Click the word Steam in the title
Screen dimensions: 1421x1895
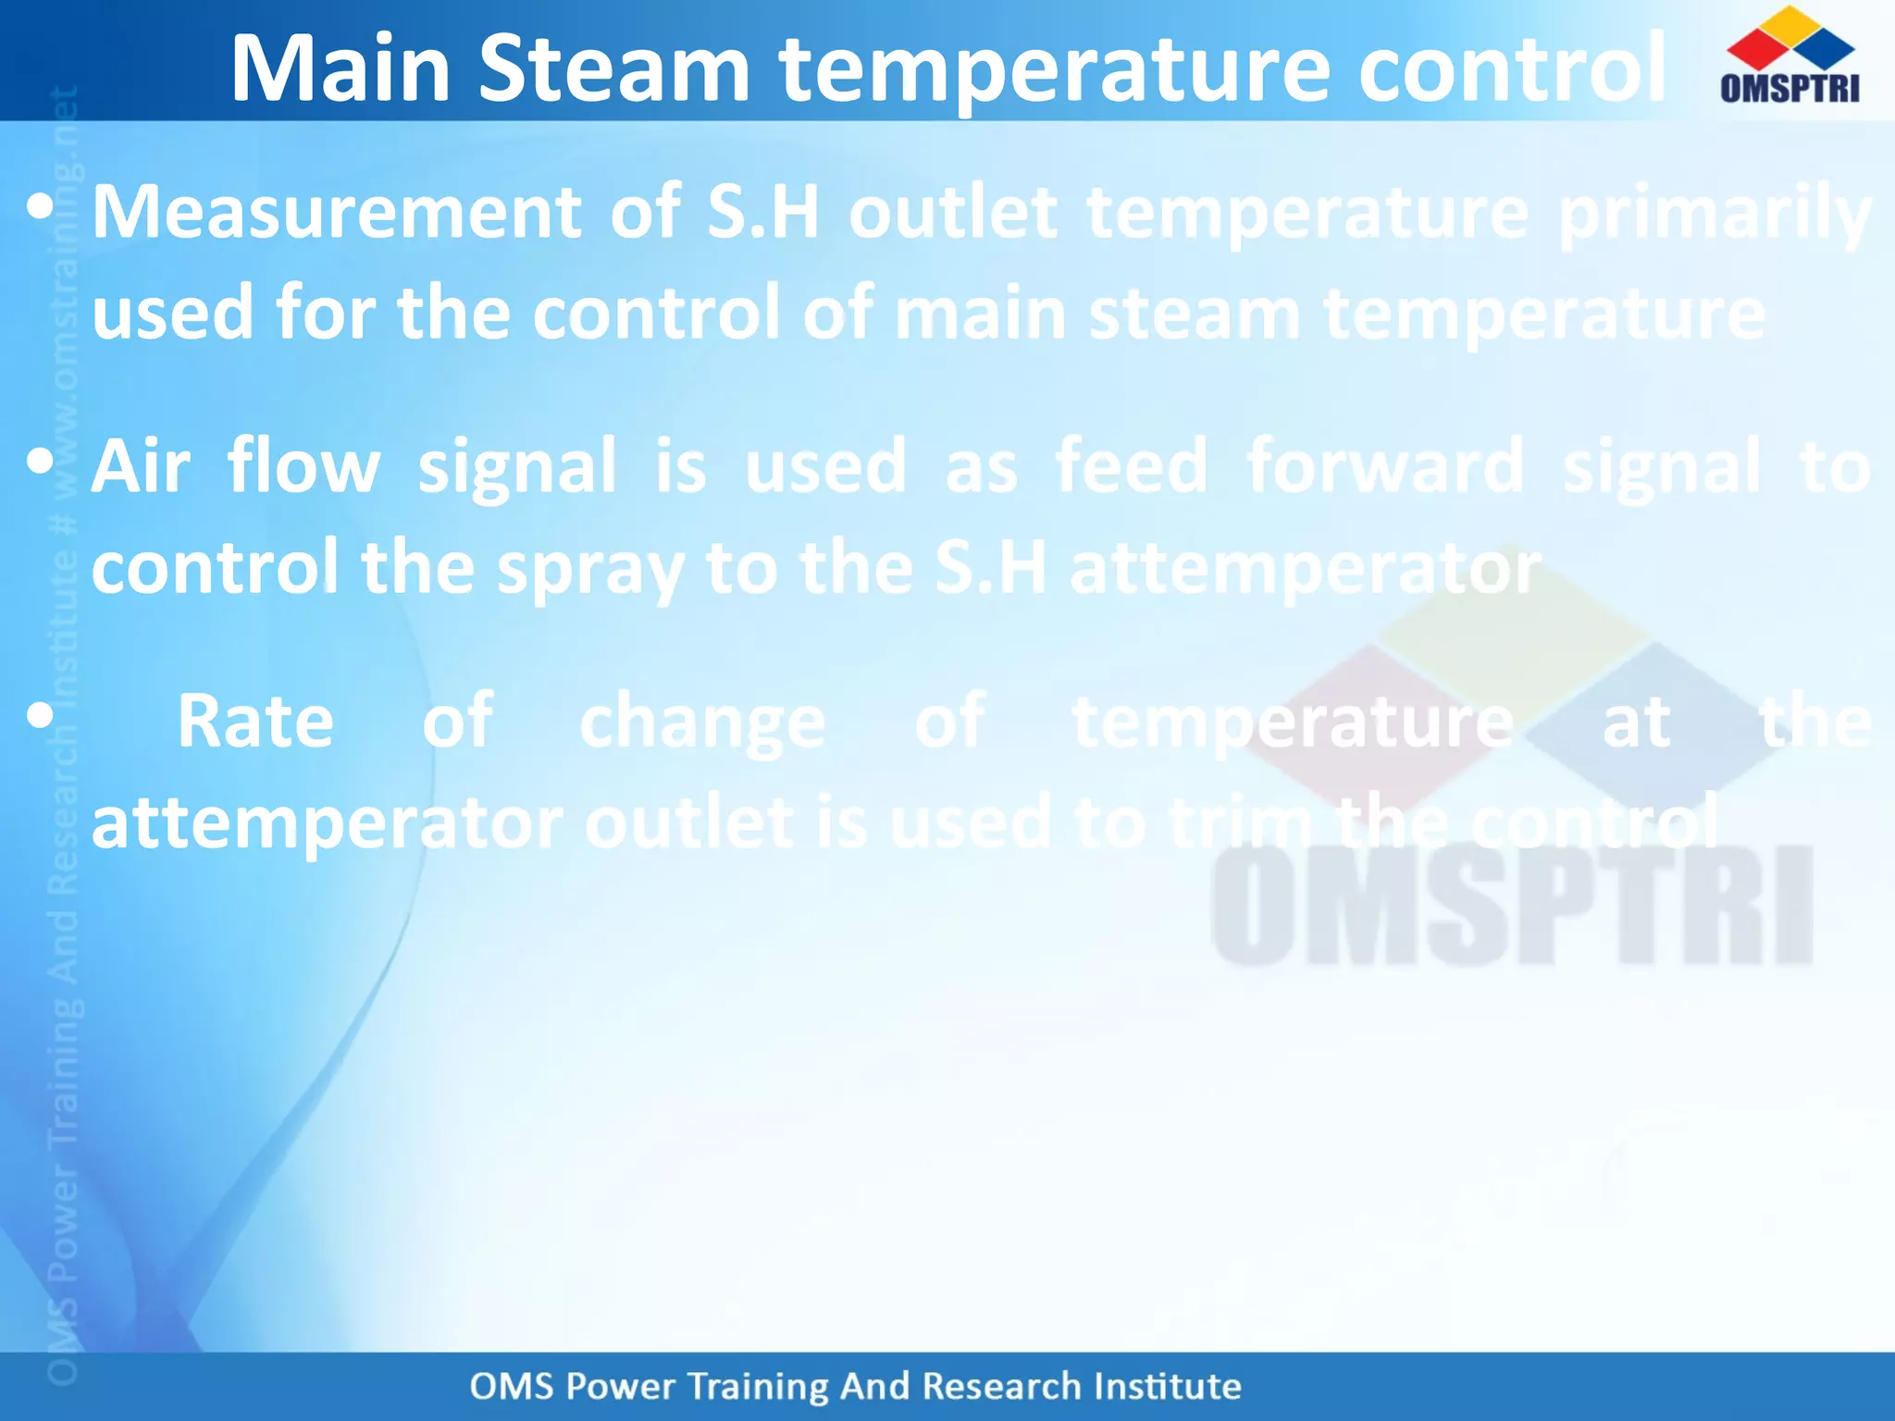click(613, 69)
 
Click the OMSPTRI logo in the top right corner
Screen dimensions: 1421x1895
click(1790, 57)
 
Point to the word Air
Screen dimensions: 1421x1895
click(141, 467)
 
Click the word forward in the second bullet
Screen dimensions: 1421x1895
click(1384, 467)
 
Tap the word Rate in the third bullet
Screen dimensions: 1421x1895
click(255, 723)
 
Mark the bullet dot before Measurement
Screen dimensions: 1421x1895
click(40, 207)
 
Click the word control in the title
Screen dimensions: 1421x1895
click(1512, 69)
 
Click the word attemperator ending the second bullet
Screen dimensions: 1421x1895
click(1305, 569)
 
